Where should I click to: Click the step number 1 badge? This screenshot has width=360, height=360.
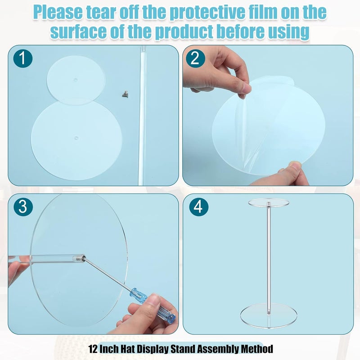[23, 58]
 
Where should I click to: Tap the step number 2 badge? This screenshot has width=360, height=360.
[195, 58]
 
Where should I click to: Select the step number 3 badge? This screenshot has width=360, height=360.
[23, 207]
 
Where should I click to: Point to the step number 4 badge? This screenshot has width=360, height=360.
[199, 207]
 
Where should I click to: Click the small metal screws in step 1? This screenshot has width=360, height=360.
[125, 94]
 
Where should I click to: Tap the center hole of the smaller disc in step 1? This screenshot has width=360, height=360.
[76, 80]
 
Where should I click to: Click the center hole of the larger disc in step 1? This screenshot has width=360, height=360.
[76, 138]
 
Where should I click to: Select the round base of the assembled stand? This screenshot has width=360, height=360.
[269, 315]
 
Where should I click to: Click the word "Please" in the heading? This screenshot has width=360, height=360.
[58, 13]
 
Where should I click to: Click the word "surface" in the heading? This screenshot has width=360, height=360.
[78, 31]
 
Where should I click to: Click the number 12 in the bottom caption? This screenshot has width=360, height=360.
[93, 349]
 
